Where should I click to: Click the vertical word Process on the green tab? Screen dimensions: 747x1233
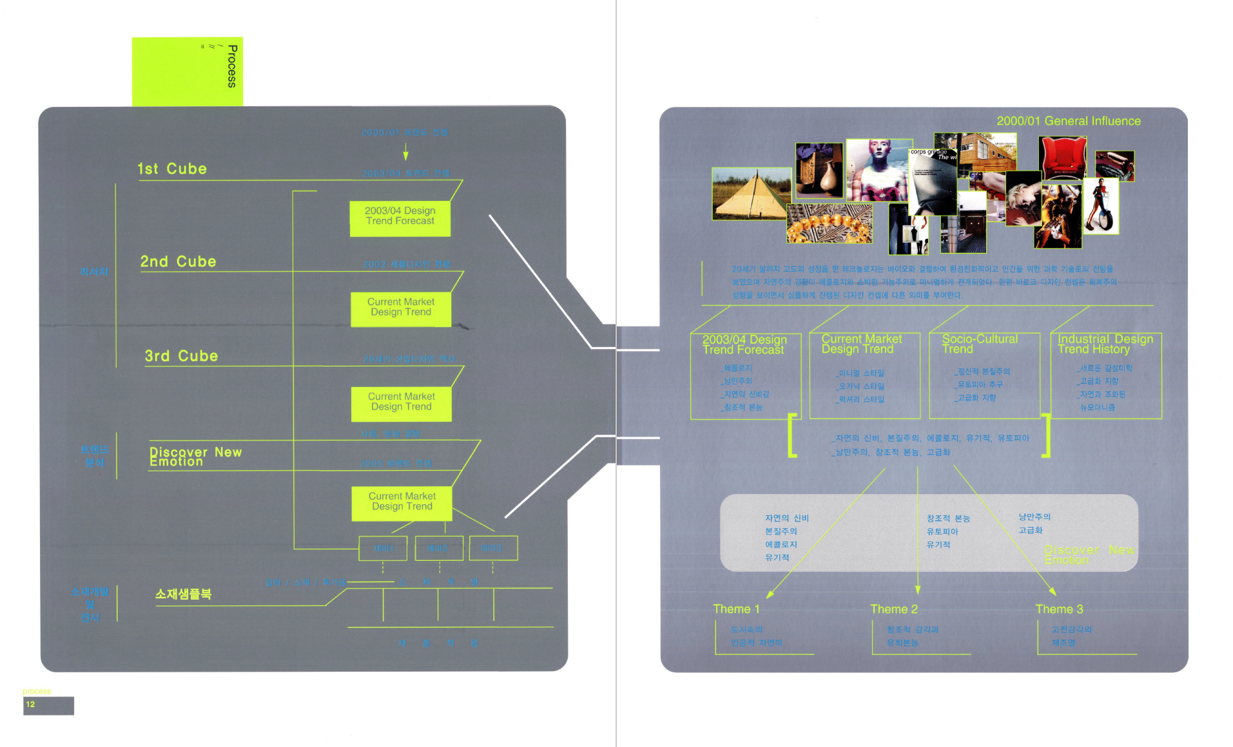tap(232, 66)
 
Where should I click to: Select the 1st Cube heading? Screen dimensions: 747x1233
tap(172, 169)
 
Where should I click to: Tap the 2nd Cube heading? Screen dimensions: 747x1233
tap(179, 262)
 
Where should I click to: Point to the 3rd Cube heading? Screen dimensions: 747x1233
tap(181, 356)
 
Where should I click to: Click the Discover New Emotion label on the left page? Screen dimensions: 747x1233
tap(195, 457)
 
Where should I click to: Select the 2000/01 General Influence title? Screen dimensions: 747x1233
tap(1068, 121)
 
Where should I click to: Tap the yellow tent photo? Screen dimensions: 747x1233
tap(751, 194)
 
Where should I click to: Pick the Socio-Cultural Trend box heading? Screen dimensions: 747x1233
tap(980, 344)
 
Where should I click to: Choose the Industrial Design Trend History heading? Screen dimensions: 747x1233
tap(1105, 344)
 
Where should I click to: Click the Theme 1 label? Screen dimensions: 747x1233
tap(736, 609)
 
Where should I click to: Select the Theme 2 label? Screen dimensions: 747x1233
tap(894, 609)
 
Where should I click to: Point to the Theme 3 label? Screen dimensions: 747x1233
tap(1059, 609)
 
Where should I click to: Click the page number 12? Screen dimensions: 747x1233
tap(30, 704)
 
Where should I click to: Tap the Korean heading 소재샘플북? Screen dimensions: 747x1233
tap(183, 594)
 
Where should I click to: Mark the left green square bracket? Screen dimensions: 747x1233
tap(792, 435)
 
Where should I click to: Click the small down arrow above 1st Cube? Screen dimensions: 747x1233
tap(405, 153)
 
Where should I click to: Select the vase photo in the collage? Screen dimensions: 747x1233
tap(819, 171)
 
